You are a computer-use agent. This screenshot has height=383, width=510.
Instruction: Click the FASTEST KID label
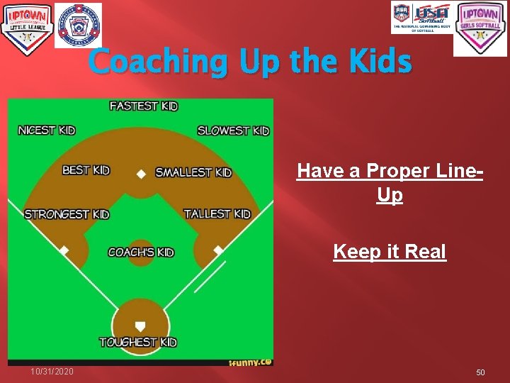tap(144, 106)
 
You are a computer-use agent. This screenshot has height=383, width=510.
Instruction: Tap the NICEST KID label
tap(47, 130)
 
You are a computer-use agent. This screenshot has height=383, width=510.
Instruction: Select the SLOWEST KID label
tap(233, 131)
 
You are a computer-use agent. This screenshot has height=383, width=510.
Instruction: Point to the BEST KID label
tap(86, 170)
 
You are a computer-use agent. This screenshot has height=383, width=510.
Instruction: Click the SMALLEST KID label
tap(193, 172)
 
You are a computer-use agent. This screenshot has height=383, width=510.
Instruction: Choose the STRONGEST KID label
tap(67, 214)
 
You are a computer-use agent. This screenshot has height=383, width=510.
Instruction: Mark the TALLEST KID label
tap(217, 213)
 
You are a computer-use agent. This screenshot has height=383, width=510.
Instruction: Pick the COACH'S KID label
tap(141, 252)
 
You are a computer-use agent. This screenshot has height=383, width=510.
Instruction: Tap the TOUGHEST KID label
tap(138, 343)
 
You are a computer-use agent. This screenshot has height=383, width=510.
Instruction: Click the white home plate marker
tap(140, 326)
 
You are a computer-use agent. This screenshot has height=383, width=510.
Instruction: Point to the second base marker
tap(141, 174)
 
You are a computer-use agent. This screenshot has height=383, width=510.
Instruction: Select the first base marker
tap(218, 250)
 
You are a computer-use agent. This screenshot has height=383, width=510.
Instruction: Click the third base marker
tap(64, 250)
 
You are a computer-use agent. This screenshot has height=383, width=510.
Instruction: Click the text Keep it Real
tap(390, 252)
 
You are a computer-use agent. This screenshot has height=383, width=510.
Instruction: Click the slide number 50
tap(480, 372)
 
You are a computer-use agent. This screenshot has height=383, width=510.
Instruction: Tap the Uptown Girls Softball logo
tap(480, 28)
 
